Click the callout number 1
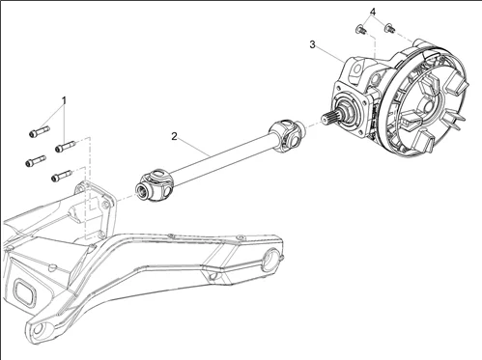[x=64, y=100]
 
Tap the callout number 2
[x=175, y=136]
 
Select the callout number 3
[x=312, y=44]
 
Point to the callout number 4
[x=371, y=12]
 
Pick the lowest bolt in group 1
[x=59, y=176]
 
